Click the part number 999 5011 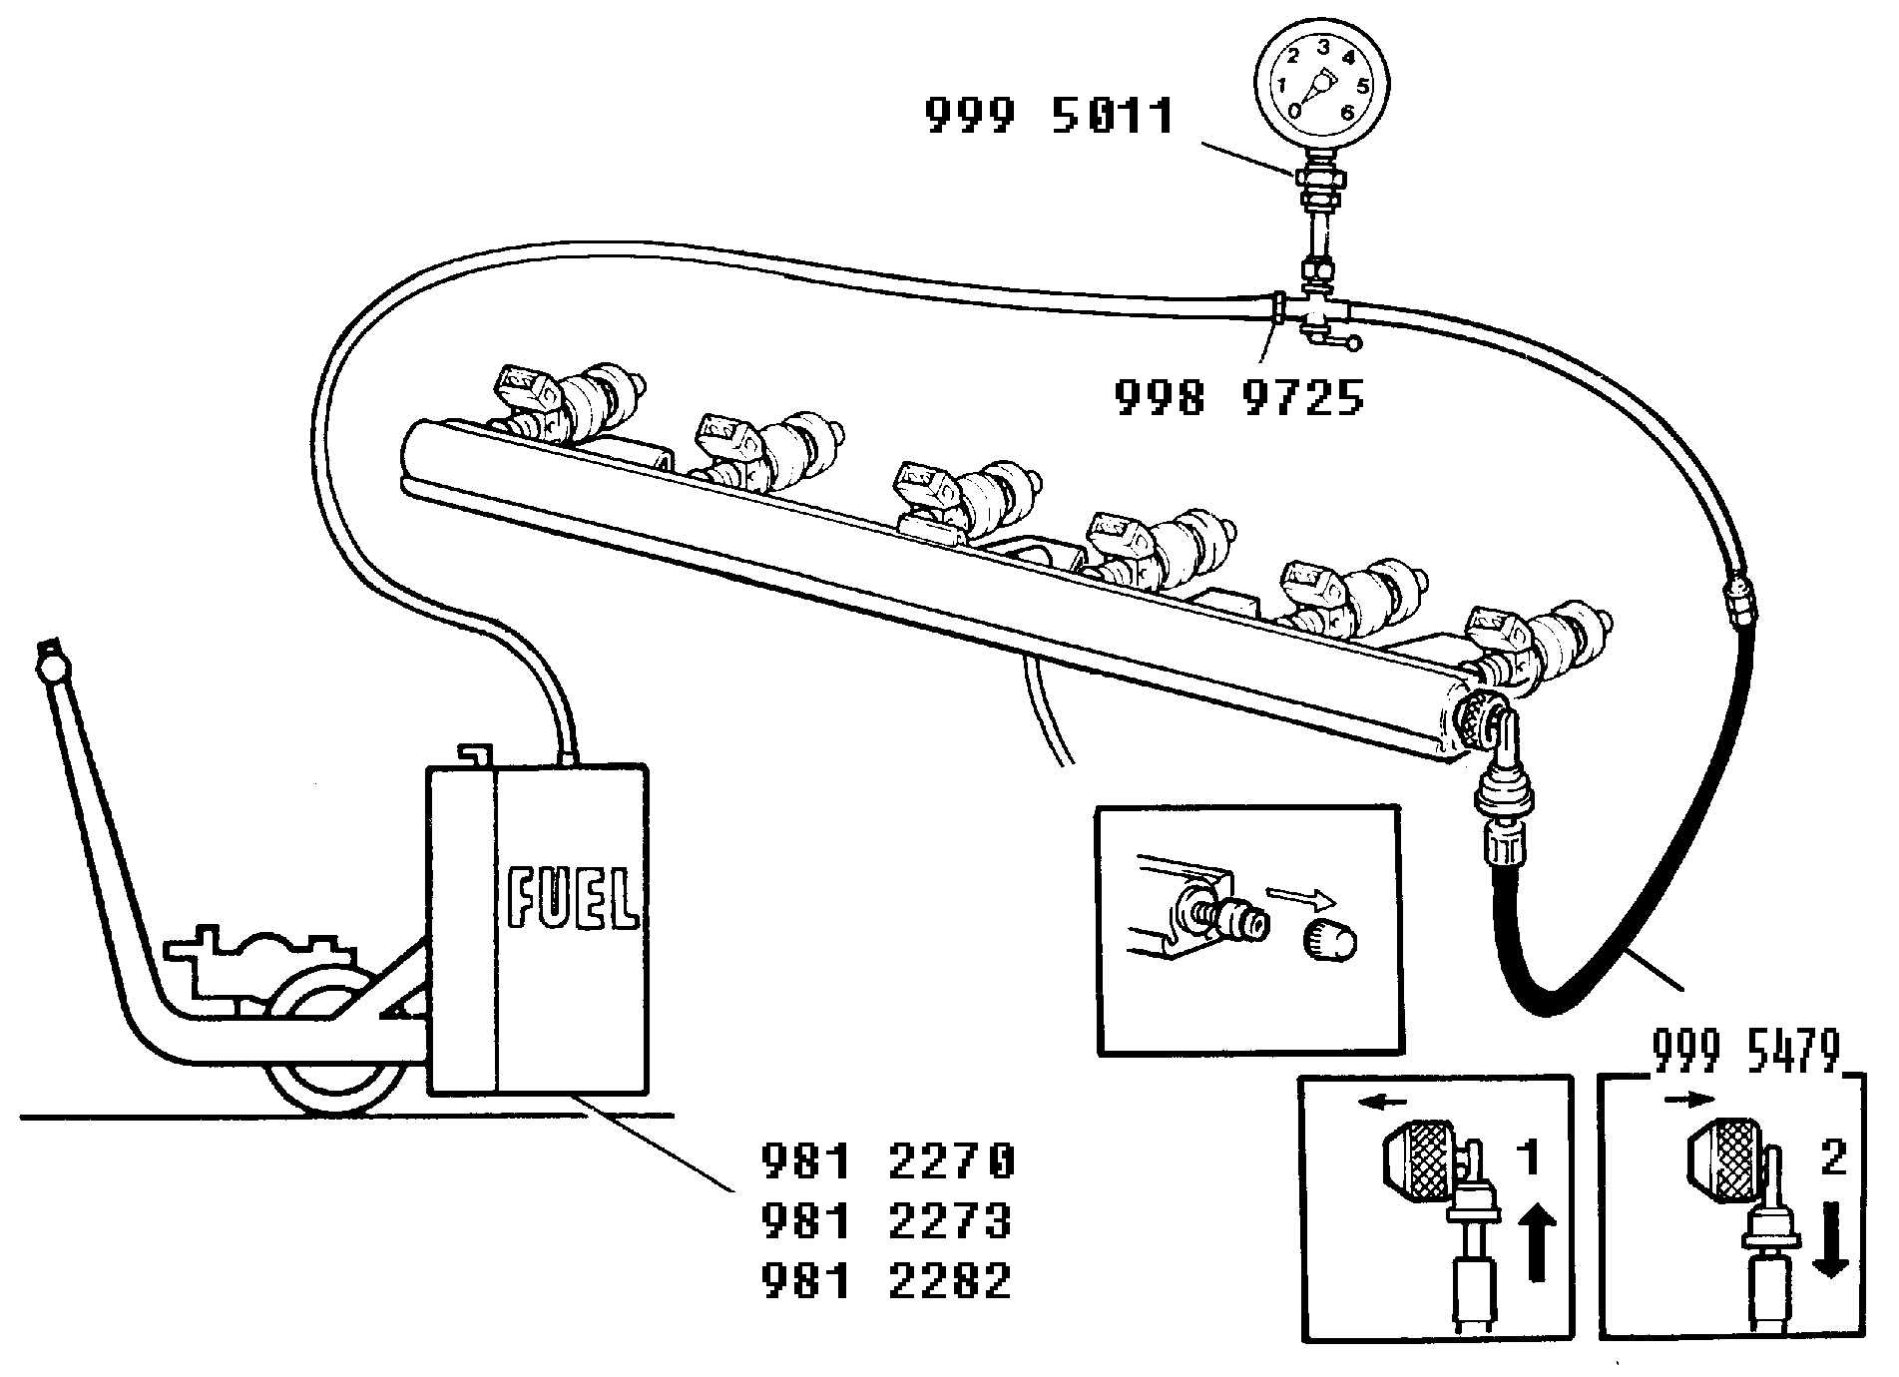tap(1049, 117)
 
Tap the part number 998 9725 tap(1238, 398)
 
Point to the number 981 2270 tap(888, 1160)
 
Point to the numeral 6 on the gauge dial tap(1347, 112)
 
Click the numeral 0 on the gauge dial tap(1295, 110)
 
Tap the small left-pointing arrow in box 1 tap(1382, 1103)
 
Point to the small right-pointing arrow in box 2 tap(1689, 1100)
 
